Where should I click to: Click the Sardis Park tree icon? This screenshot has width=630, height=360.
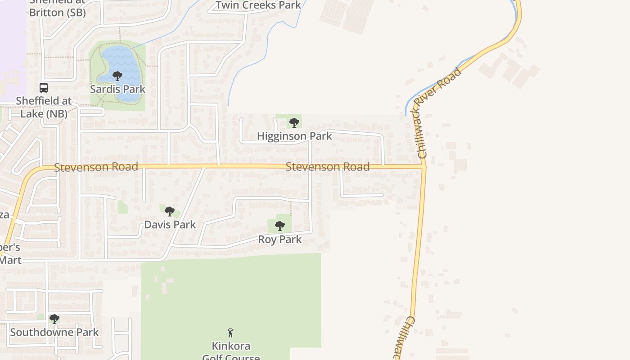[x=117, y=76]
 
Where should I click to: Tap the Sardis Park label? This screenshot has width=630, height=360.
[x=118, y=89]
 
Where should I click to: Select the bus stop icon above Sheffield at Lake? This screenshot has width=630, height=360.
[x=44, y=87]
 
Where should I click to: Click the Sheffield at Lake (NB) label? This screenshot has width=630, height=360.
[x=44, y=107]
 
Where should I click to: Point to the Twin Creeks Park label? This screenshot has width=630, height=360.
[x=258, y=5]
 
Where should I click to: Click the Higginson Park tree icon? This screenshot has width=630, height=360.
[x=294, y=122]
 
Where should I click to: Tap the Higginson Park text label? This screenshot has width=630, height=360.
[x=294, y=136]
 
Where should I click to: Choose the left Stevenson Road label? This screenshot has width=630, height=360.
[x=96, y=167]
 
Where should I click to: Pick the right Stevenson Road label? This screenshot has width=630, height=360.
[x=328, y=167]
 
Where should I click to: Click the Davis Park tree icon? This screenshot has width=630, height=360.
[x=169, y=211]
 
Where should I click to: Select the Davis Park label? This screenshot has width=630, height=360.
[x=170, y=225]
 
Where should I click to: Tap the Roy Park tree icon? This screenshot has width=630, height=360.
[x=280, y=225]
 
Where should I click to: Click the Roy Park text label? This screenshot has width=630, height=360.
[x=280, y=239]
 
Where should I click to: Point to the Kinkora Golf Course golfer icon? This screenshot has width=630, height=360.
[x=231, y=333]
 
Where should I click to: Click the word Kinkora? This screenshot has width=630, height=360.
[x=231, y=346]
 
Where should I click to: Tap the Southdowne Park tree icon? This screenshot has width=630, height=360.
[x=54, y=319]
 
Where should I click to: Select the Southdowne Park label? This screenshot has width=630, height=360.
[x=54, y=333]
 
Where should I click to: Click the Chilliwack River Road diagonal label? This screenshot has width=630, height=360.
[x=439, y=112]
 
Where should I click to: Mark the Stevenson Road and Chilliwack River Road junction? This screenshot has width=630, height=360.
[x=424, y=167]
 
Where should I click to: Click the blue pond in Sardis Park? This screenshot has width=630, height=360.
[x=128, y=63]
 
